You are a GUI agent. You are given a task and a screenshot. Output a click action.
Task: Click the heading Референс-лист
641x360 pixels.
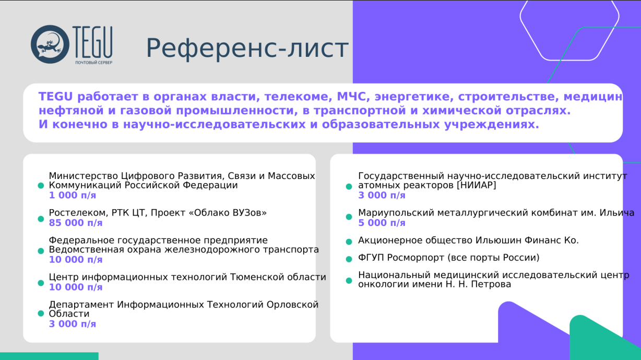[x=246, y=49]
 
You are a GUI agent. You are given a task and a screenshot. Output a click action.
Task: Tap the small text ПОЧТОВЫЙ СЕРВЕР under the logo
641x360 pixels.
[x=93, y=63]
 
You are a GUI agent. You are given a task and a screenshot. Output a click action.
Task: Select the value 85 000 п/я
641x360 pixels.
[x=76, y=223]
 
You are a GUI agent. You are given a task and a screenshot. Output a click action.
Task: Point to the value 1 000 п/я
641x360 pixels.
[x=73, y=195]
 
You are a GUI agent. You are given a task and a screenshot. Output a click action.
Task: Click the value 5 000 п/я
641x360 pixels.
[x=382, y=223]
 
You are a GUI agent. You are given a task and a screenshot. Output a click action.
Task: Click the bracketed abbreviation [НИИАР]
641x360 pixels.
[x=476, y=185]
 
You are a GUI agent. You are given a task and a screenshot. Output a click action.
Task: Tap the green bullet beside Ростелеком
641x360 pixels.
[x=41, y=219]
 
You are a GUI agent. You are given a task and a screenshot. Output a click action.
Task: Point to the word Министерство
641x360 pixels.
[x=83, y=176]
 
